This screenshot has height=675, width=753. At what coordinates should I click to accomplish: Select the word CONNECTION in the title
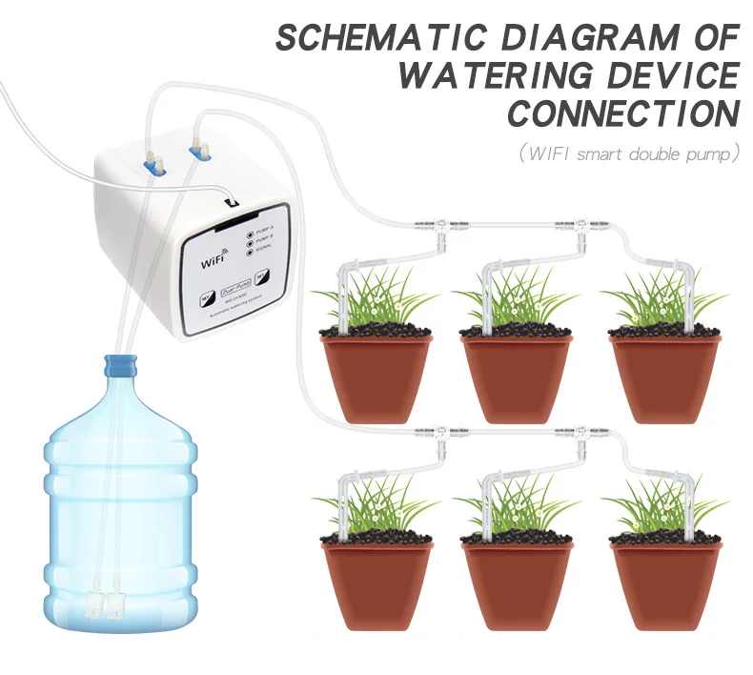(623, 113)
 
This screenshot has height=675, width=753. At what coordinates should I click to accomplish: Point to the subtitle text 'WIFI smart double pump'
(629, 153)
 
